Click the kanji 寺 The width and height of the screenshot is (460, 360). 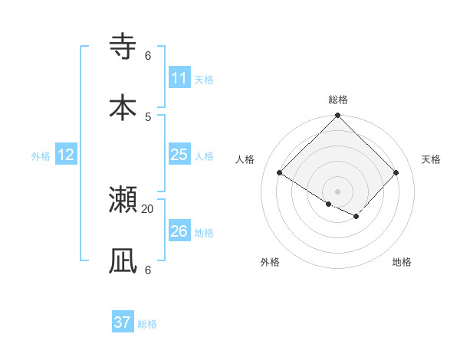coord(123,47)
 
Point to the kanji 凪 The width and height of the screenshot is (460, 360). coord(123,260)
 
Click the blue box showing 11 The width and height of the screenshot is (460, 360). coord(179,78)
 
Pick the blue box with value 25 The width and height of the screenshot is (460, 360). coord(179,155)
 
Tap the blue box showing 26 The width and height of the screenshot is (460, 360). coord(179,231)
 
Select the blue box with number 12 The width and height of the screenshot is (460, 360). coord(66,155)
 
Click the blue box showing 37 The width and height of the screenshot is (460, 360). coord(123,322)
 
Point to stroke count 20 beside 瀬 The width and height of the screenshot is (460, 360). coord(148,209)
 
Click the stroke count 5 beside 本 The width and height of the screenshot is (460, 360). coord(148,116)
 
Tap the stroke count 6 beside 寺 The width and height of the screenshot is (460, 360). coord(148,56)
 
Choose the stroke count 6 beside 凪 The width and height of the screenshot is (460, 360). coord(148,270)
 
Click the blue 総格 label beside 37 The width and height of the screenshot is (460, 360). coord(147,324)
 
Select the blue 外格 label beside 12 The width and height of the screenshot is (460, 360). coord(41,156)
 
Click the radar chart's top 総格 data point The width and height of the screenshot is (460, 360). coord(337,116)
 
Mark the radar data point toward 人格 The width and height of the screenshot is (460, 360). coord(280,173)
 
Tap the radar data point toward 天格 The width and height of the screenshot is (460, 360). coord(396,173)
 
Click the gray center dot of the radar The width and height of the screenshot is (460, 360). coord(337,191)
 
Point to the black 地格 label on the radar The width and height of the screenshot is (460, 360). coord(402,263)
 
